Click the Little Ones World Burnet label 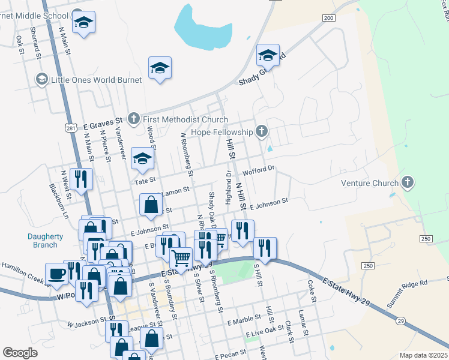97,79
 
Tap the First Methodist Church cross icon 134,119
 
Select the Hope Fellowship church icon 261,131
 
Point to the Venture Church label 370,183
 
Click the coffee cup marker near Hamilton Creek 58,274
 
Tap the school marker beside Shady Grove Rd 268,56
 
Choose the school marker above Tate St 142,158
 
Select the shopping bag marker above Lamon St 151,204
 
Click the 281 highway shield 71,128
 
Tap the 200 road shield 328,18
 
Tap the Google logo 20,353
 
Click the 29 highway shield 400,322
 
